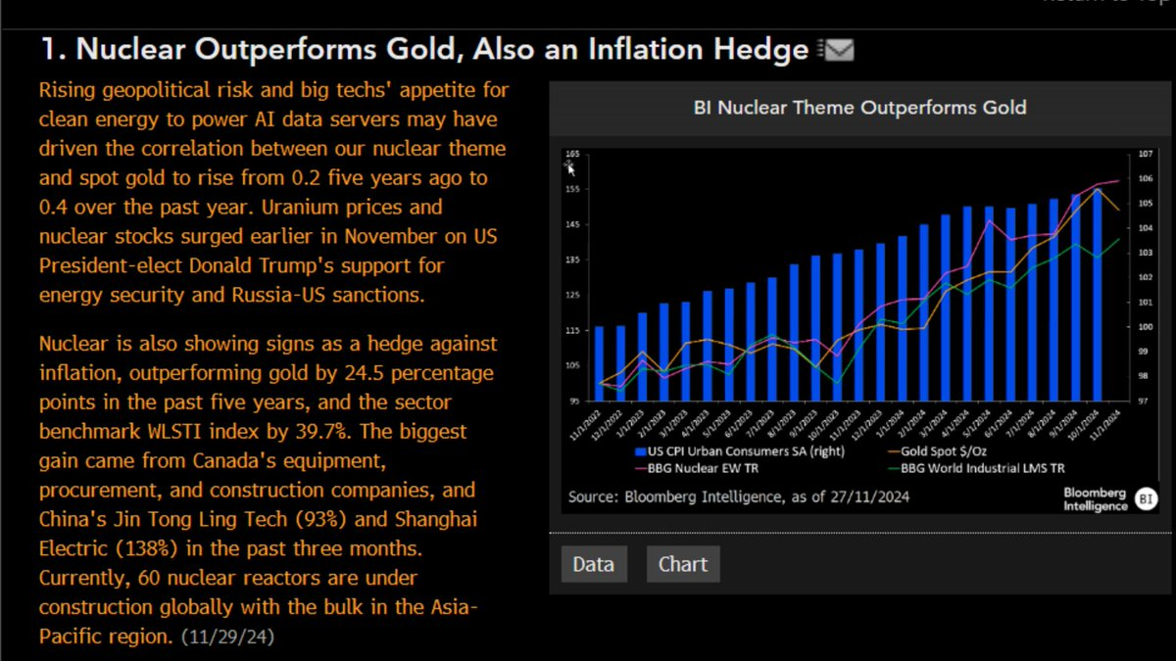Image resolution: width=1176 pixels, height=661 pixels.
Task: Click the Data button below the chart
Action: (593, 564)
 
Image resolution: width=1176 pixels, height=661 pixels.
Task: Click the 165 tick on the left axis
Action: (572, 155)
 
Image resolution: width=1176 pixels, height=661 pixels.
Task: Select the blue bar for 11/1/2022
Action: (600, 363)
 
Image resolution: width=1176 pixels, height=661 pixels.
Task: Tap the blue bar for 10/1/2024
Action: (1099, 294)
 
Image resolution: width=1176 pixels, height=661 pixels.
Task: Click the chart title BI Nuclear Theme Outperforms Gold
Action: (859, 107)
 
